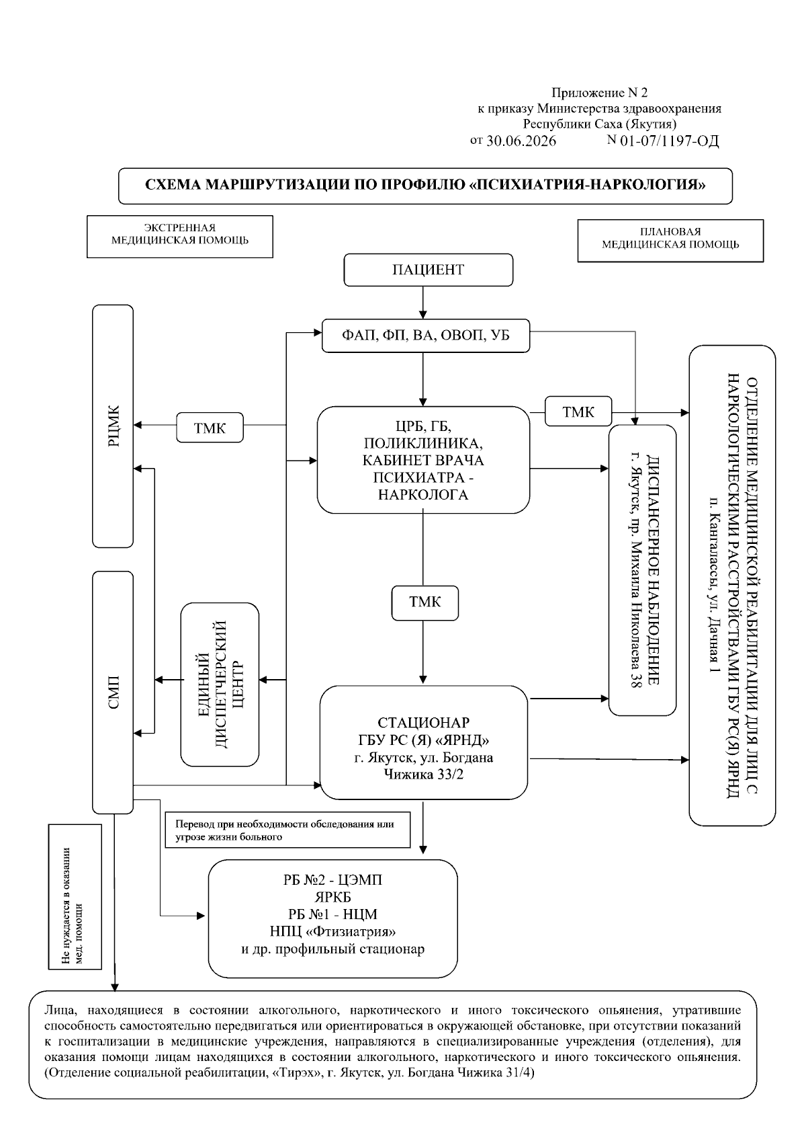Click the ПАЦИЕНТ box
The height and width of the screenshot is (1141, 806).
click(428, 270)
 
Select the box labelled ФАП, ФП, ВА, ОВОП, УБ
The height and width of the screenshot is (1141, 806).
click(425, 335)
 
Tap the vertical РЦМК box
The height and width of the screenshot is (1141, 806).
click(113, 426)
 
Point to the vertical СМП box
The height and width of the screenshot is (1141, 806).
click(113, 693)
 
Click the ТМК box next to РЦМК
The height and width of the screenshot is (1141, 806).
click(210, 428)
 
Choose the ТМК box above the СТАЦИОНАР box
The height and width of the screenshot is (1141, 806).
click(425, 602)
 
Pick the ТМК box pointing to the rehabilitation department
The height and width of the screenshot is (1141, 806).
click(578, 411)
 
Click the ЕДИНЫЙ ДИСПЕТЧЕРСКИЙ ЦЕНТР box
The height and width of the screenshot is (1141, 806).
click(220, 684)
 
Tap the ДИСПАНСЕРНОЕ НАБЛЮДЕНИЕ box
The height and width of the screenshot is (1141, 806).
click(642, 570)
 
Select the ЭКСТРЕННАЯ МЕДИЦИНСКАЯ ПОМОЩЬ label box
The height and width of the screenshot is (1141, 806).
click(179, 237)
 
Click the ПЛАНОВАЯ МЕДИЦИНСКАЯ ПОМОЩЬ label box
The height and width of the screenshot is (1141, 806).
click(670, 241)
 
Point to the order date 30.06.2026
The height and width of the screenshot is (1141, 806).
click(521, 141)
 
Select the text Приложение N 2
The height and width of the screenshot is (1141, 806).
click(599, 93)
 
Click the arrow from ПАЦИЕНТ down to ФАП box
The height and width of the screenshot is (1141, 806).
click(423, 303)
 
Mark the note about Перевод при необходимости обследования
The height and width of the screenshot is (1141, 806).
click(287, 830)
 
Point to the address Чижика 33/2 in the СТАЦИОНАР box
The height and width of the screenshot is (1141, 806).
click(423, 775)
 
